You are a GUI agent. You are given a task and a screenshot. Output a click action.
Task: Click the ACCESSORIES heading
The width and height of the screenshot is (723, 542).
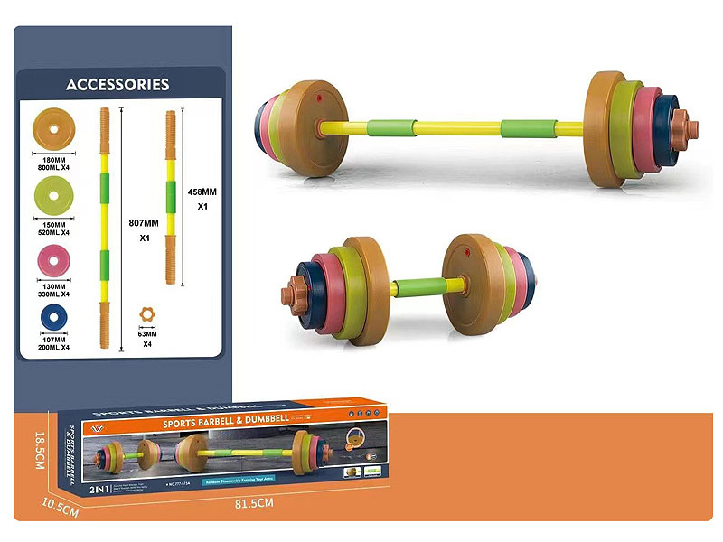[x=117, y=85]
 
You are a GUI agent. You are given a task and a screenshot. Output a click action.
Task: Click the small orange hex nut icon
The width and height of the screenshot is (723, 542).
[x=146, y=313]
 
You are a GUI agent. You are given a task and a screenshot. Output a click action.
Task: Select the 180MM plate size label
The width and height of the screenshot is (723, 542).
[x=54, y=161]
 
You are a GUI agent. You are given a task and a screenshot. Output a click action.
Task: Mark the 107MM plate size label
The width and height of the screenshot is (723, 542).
[x=54, y=341]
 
